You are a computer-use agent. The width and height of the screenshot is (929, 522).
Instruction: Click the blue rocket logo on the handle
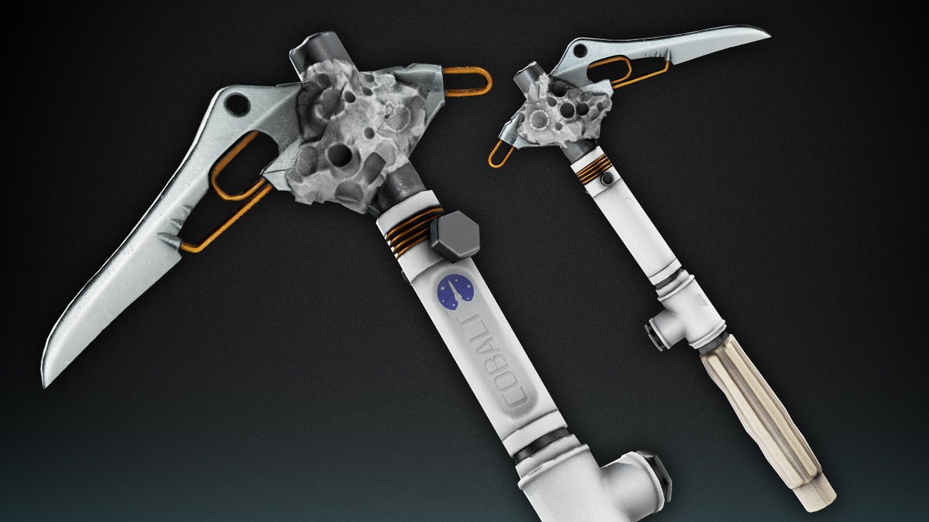[x=455, y=292]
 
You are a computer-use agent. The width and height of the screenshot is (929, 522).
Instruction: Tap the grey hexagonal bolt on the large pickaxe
[x=455, y=236]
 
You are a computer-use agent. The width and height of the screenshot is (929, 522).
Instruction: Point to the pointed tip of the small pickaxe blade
[x=769, y=36]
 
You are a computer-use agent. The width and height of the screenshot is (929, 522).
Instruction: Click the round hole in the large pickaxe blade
[x=238, y=104]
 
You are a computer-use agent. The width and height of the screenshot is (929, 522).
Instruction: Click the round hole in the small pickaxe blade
[x=580, y=50]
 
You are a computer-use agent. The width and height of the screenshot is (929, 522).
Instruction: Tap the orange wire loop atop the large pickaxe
[x=468, y=81]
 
